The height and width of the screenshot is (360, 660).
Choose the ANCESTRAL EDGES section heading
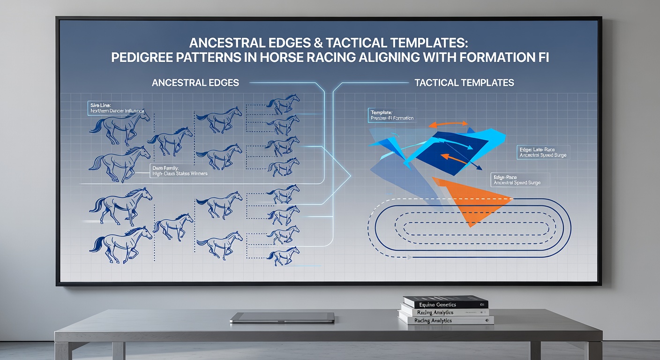click(195, 83)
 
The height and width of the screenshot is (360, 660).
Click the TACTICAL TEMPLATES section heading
click(464, 83)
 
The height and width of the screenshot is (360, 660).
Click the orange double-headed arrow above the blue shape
click(449, 124)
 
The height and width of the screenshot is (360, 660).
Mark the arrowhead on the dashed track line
click(410, 257)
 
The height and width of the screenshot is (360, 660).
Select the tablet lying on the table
click(282, 317)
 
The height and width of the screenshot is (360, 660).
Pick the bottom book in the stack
click(445, 321)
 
